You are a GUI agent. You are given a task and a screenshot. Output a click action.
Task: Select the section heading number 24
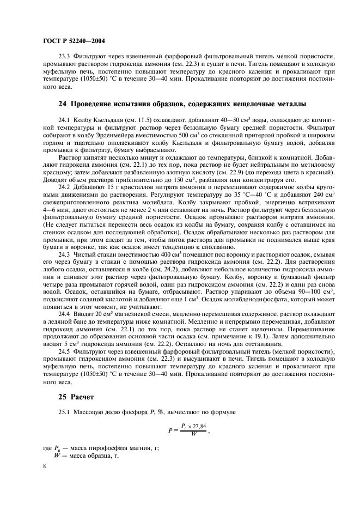pos(62,104)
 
